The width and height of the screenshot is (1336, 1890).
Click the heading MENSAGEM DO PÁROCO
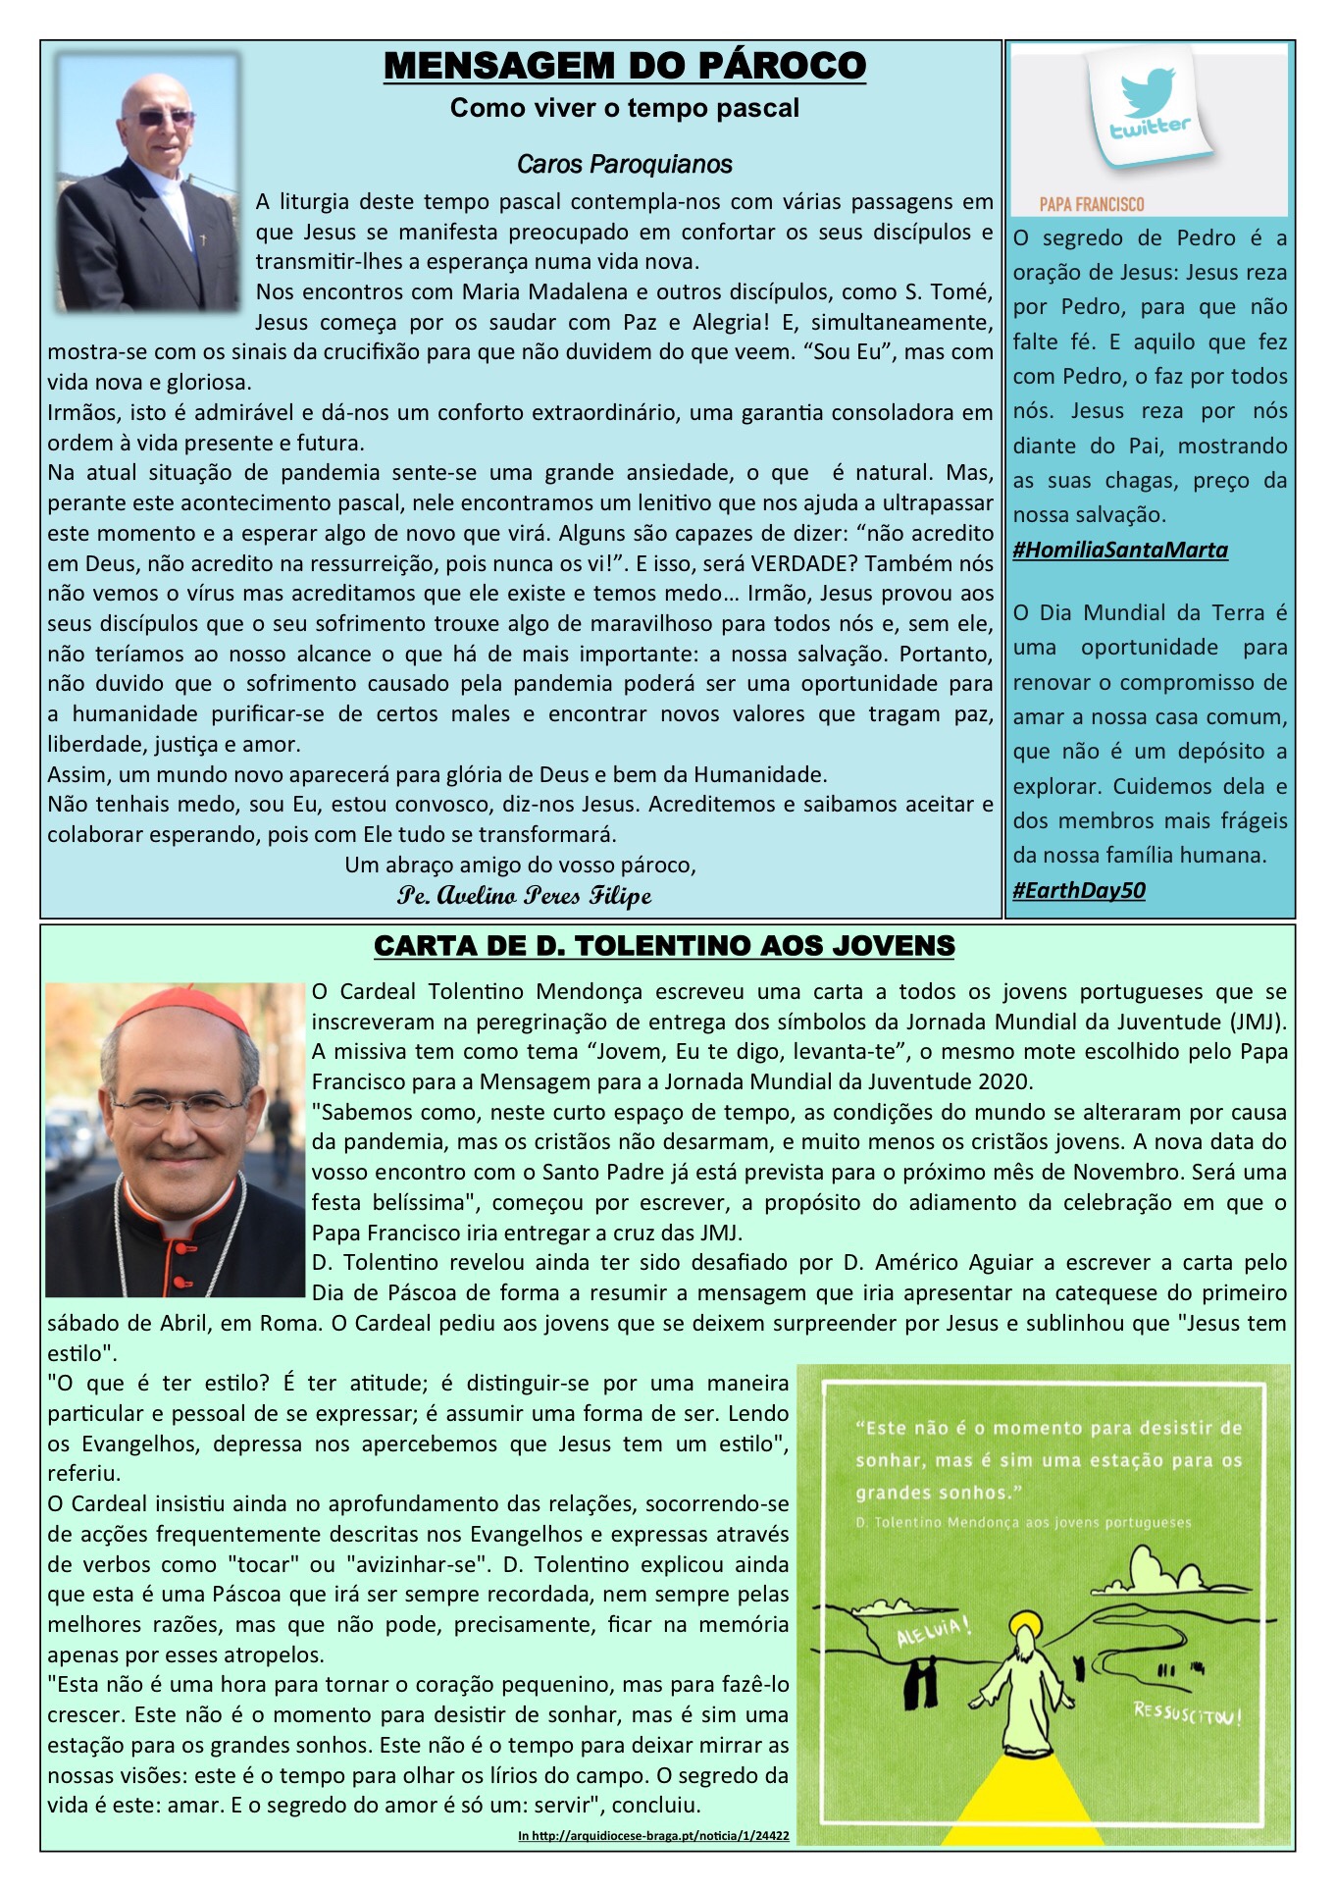click(625, 66)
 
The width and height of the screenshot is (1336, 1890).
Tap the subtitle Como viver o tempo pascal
click(625, 108)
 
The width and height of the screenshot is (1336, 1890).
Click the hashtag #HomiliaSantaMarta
click(1120, 550)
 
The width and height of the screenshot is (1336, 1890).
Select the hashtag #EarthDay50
click(1079, 890)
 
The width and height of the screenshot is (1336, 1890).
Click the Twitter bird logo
click(1149, 91)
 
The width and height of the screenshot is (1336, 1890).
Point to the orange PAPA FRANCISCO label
click(1092, 204)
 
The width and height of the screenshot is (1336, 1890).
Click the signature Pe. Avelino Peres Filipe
click(524, 895)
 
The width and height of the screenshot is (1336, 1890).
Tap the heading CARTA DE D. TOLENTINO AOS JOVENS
click(664, 946)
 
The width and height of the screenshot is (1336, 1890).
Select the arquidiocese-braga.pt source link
click(653, 1835)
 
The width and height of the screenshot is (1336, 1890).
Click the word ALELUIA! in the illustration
click(934, 1631)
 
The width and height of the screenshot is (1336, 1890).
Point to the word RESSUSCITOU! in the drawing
click(1187, 1714)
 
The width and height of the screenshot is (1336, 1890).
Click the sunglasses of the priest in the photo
click(164, 118)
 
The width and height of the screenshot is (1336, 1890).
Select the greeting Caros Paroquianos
click(625, 164)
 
